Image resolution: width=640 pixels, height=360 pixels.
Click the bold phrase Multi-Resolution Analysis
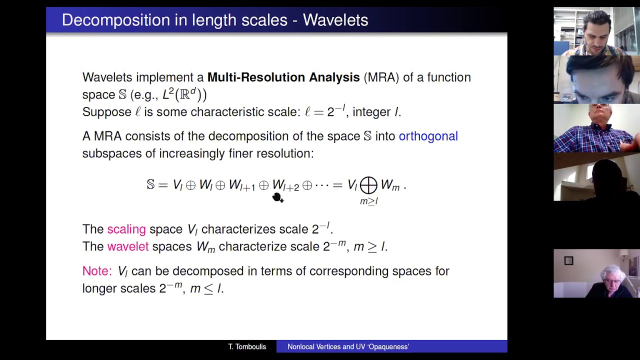283,77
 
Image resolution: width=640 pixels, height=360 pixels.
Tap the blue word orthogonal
428,136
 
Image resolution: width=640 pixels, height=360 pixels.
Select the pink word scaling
126,229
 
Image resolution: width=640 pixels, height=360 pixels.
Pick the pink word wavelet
127,246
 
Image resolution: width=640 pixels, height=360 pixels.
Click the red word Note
96,271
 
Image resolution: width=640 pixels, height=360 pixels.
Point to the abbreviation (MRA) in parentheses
381,77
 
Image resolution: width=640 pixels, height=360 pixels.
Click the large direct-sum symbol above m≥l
368,185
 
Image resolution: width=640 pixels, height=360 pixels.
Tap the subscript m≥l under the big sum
368,201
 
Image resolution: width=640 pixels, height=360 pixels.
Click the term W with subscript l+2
285,185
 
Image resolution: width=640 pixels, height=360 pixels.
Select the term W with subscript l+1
242,185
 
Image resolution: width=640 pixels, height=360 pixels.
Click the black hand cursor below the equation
277,198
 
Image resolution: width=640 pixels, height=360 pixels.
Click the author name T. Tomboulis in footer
247,346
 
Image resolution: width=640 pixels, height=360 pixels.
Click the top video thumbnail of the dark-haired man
596,31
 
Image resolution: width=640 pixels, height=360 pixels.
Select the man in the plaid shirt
596,128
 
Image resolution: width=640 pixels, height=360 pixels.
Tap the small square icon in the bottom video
568,260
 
